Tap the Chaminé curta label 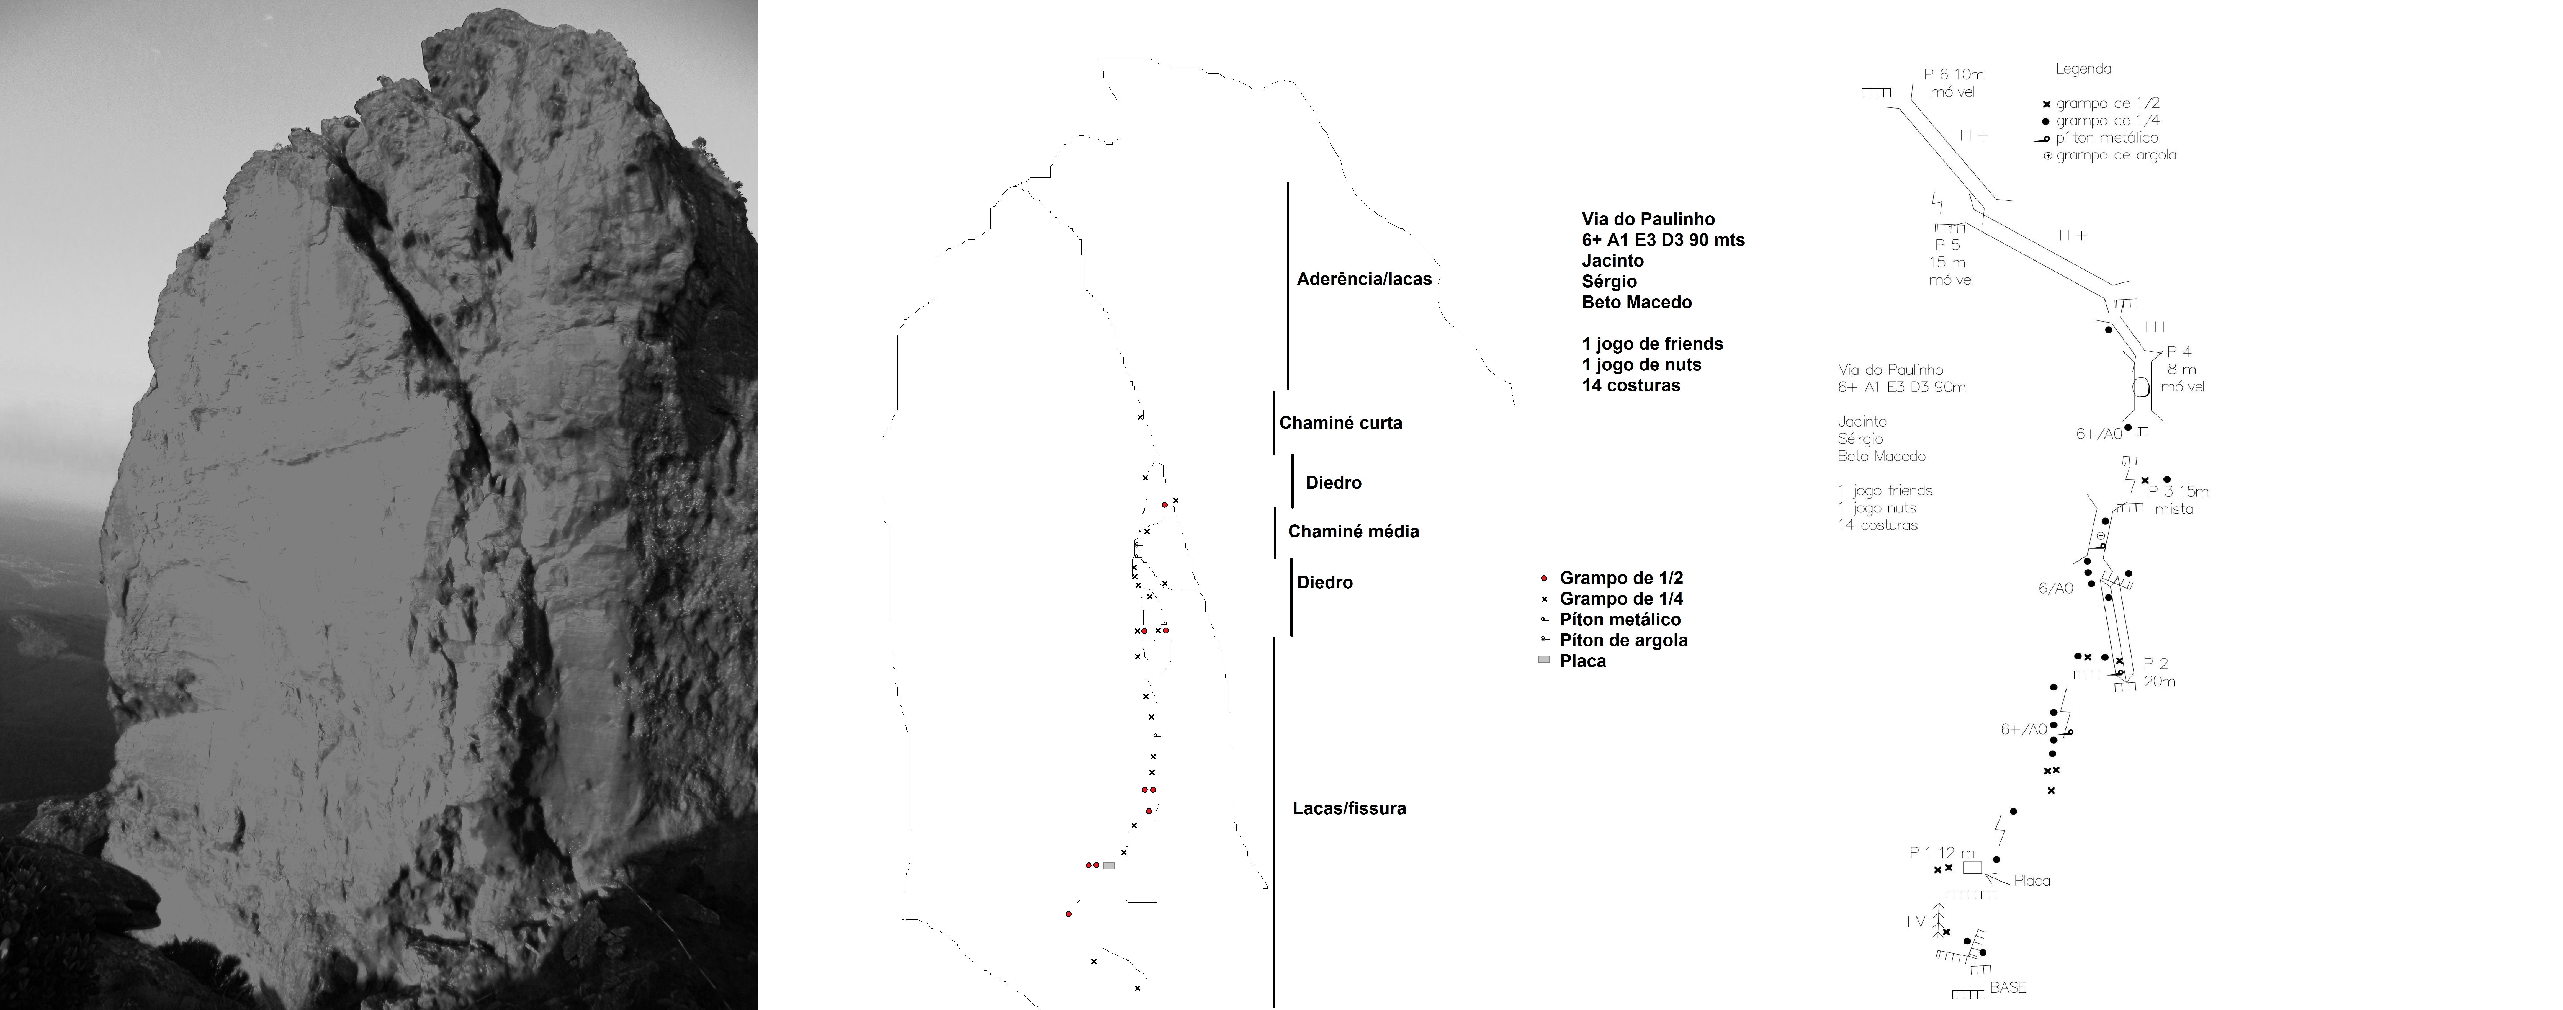1340,423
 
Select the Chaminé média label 1353,531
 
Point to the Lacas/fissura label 1349,808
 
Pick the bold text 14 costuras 1631,385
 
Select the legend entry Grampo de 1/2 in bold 1621,578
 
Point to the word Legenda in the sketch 2083,69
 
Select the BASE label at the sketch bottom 2008,987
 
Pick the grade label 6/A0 2055,588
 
